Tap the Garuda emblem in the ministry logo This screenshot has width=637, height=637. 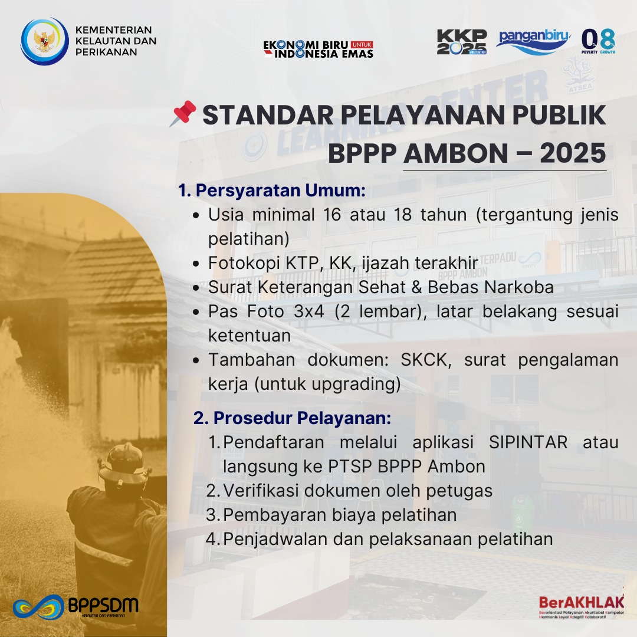coord(45,41)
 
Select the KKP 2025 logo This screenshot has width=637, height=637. coord(462,42)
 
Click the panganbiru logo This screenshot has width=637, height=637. coord(533,41)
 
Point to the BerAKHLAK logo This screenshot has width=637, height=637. coord(582,607)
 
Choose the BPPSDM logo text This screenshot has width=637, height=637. coord(103,605)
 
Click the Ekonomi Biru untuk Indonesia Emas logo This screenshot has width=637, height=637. coord(318,49)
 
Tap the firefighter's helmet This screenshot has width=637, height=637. coord(123,465)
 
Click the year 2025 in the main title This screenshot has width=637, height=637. coord(573,153)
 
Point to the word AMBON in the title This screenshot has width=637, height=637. coord(456,153)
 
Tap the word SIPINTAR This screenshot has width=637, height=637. coord(528,442)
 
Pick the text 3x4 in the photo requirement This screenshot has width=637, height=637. coord(308,311)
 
